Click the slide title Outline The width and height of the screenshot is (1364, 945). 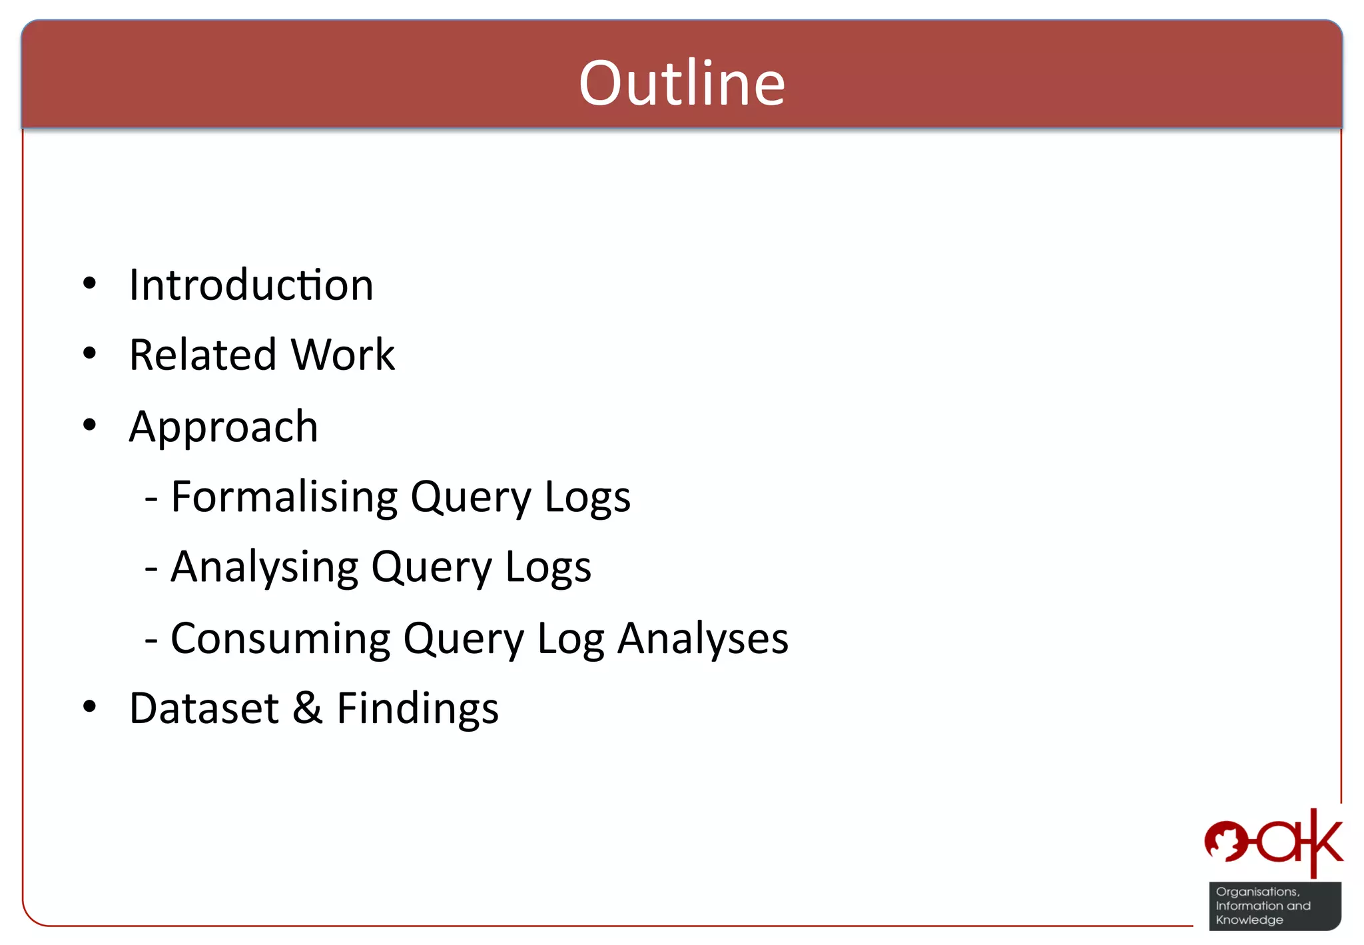[x=682, y=83]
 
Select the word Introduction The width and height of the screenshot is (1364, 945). [x=251, y=285]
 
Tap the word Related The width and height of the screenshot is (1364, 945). [x=202, y=355]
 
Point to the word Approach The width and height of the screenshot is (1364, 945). [x=224, y=427]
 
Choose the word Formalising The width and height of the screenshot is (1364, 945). [x=284, y=496]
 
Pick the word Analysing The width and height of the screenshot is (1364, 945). [x=264, y=567]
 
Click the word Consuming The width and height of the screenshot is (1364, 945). [x=280, y=638]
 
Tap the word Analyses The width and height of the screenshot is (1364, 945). [x=703, y=638]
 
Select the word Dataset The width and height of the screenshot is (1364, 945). [x=204, y=708]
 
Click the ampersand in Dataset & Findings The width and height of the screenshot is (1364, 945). [x=308, y=708]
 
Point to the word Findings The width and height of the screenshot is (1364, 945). [x=418, y=709]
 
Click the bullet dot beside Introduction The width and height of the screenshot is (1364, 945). [x=89, y=284]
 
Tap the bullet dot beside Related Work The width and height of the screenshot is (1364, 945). [x=89, y=354]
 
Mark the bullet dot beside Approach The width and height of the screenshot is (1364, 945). [x=89, y=425]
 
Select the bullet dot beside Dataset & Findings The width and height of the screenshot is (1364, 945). [x=89, y=707]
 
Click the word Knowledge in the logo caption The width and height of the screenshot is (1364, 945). [x=1249, y=920]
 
